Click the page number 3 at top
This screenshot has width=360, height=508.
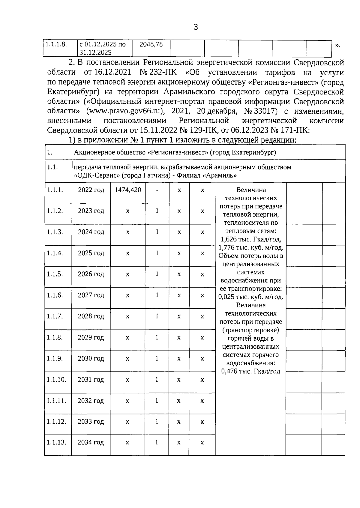point(196,28)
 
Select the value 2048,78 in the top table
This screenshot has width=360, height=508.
point(151,44)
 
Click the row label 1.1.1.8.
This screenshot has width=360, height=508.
point(56,44)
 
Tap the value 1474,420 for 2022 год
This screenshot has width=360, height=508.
point(128,190)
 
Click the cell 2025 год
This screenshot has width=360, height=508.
point(91,253)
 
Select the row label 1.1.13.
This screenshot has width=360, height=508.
point(56,442)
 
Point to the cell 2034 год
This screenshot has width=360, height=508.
point(91,442)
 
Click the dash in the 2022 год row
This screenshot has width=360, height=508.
point(157,190)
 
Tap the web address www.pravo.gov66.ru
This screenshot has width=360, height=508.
point(126,111)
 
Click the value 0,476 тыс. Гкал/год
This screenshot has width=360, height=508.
point(251,372)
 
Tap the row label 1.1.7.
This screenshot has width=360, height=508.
point(55,316)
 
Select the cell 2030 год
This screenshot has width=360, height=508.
point(91,359)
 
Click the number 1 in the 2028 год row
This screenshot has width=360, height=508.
point(157,316)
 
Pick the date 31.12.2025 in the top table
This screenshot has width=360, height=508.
point(95,52)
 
